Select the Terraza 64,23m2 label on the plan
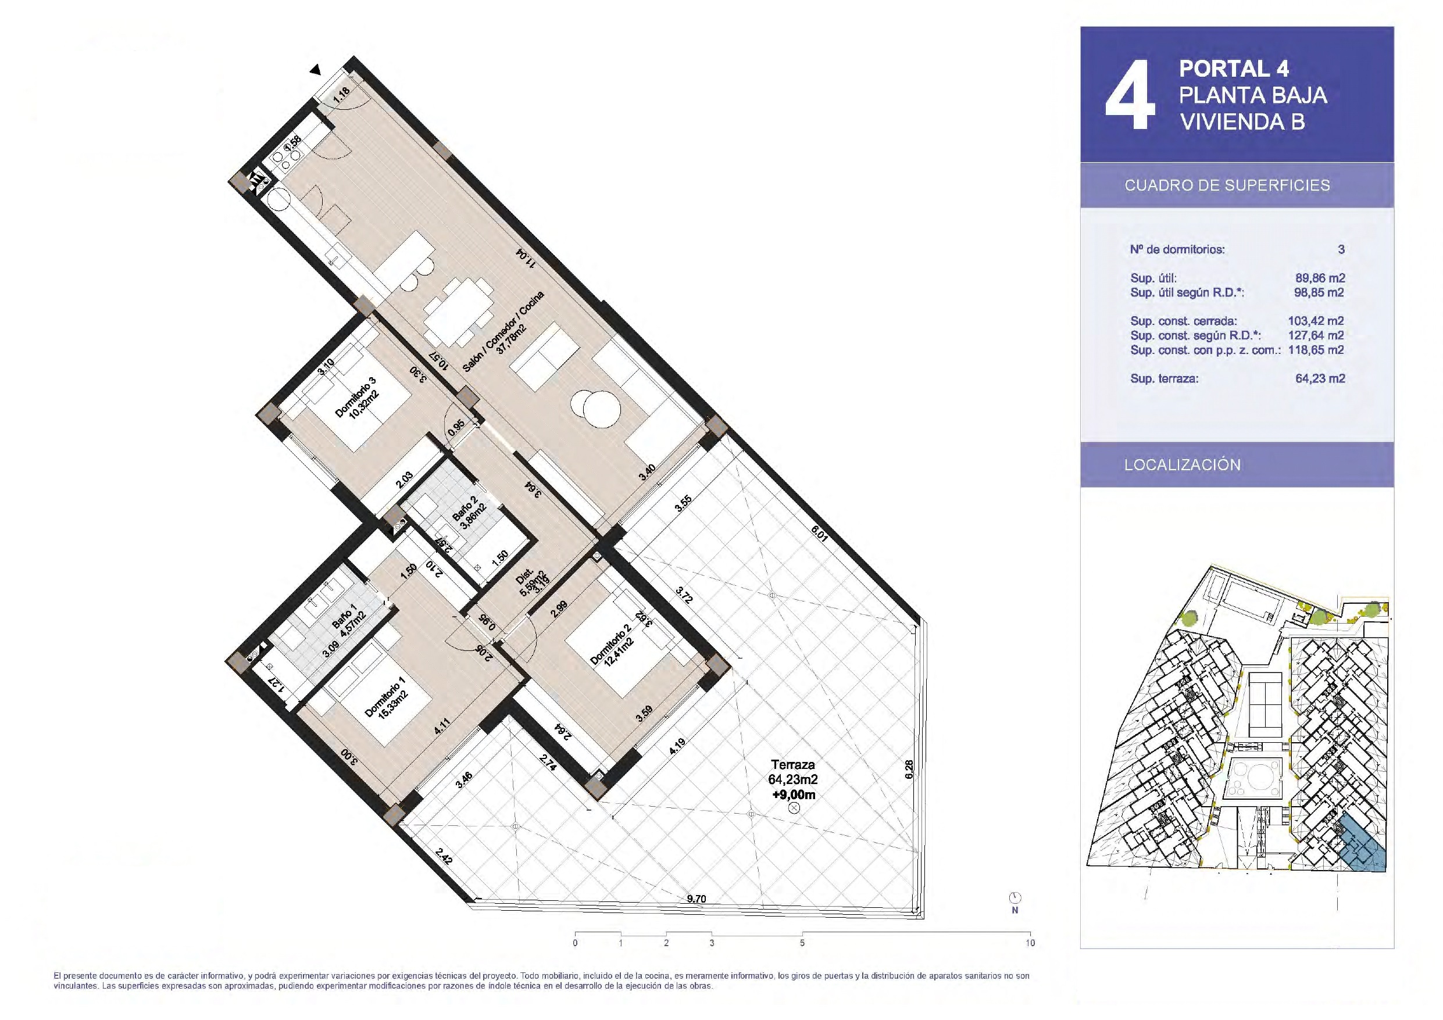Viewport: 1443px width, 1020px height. pos(792,772)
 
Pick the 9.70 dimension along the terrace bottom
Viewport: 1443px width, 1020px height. pos(697,899)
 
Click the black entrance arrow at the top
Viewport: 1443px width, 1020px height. pos(316,70)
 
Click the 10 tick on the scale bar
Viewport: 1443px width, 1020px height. pos(1030,943)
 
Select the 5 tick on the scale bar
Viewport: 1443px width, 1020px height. pos(802,943)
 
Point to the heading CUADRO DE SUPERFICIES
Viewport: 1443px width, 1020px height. pos(1227,185)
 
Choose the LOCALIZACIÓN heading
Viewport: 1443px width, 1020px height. pos(1183,464)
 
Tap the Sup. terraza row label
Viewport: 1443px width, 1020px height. pos(1164,379)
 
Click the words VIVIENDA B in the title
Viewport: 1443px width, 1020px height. pos(1242,122)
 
